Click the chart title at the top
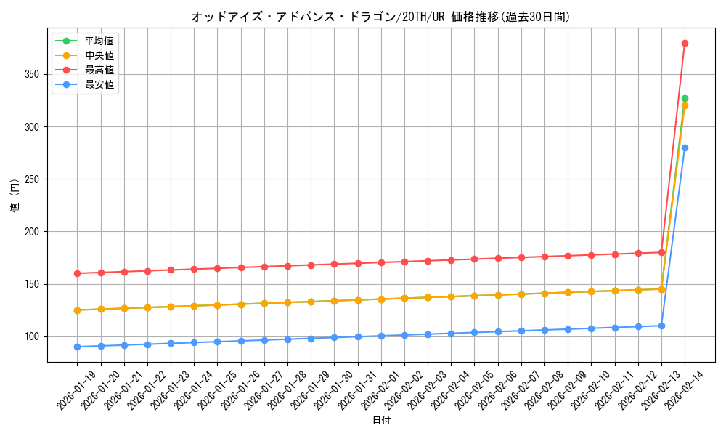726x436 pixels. tap(380, 16)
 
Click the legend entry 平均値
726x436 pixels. tap(99, 41)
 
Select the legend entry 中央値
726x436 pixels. tap(99, 55)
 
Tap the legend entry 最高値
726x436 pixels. tap(99, 70)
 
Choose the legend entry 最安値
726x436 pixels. tap(99, 84)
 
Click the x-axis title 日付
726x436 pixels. tap(380, 421)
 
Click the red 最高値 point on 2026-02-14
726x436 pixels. tap(685, 43)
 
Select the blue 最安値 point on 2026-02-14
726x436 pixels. tap(685, 148)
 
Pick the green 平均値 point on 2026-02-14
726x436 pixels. tap(685, 98)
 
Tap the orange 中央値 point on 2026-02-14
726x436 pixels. tap(685, 106)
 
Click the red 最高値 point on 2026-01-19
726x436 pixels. tap(77, 273)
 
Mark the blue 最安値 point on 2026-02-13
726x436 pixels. tap(661, 326)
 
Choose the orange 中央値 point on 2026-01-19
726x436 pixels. tap(77, 310)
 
